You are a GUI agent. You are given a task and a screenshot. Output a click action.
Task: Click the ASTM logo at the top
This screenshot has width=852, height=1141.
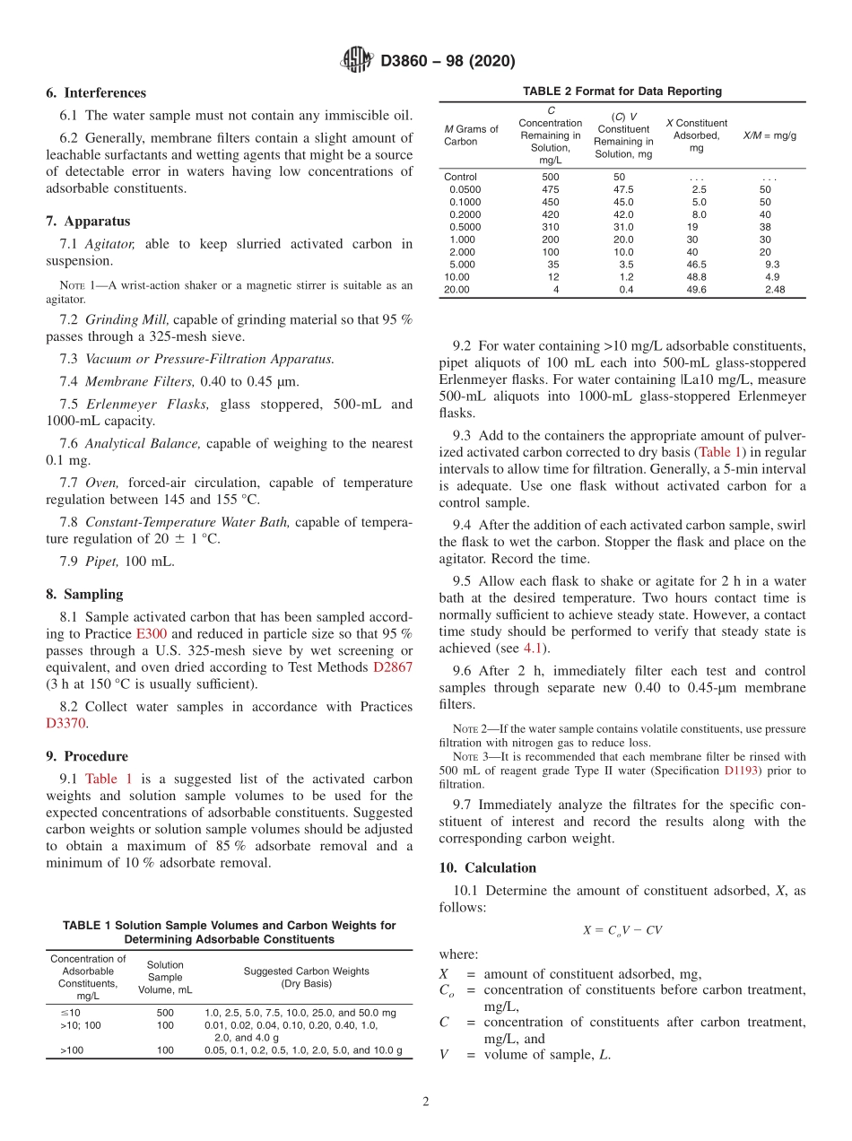click(x=357, y=61)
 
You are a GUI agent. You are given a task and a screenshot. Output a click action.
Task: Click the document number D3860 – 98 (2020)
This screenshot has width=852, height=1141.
click(x=448, y=62)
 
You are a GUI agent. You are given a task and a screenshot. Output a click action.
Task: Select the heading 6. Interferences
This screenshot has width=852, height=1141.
click(x=96, y=92)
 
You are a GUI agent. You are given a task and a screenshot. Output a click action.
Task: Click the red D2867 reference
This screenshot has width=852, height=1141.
click(x=392, y=666)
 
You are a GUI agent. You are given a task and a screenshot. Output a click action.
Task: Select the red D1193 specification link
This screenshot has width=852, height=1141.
click(x=741, y=770)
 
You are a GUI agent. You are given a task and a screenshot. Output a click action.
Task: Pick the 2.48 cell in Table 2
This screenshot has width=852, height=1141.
click(x=774, y=290)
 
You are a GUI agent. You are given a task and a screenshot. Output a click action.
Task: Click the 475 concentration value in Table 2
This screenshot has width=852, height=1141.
click(x=550, y=189)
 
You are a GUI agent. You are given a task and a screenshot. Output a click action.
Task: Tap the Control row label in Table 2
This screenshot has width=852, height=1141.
click(x=461, y=177)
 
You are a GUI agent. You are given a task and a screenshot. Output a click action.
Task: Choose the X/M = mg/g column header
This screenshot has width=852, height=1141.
click(x=769, y=135)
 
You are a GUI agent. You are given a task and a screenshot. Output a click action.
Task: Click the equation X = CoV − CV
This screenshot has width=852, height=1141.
click(x=622, y=930)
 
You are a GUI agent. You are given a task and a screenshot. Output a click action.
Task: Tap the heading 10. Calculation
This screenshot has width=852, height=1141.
click(x=488, y=867)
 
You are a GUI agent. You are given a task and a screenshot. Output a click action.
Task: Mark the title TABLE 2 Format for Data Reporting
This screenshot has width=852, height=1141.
click(x=622, y=91)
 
